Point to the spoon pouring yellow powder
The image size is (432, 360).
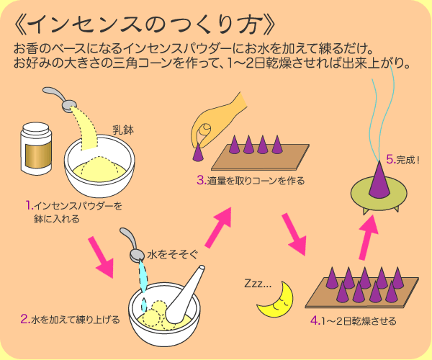click(x=59, y=99)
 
